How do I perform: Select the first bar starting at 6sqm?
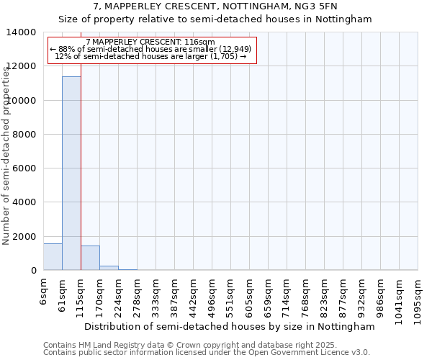point(53,257)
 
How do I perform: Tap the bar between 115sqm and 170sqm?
point(90,258)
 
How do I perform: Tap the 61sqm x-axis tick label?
point(62,294)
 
